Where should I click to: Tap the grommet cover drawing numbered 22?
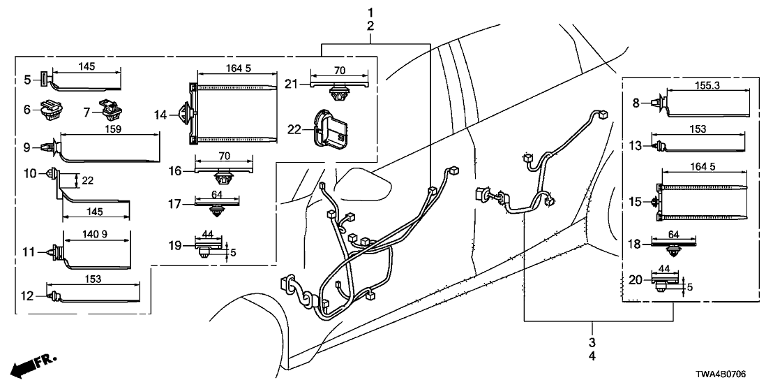(x=331, y=131)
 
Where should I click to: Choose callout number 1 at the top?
(x=370, y=12)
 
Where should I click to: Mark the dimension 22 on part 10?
(x=88, y=180)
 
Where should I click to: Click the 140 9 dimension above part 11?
(x=96, y=235)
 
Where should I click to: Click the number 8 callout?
(x=636, y=103)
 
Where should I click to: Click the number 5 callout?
(x=29, y=79)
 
